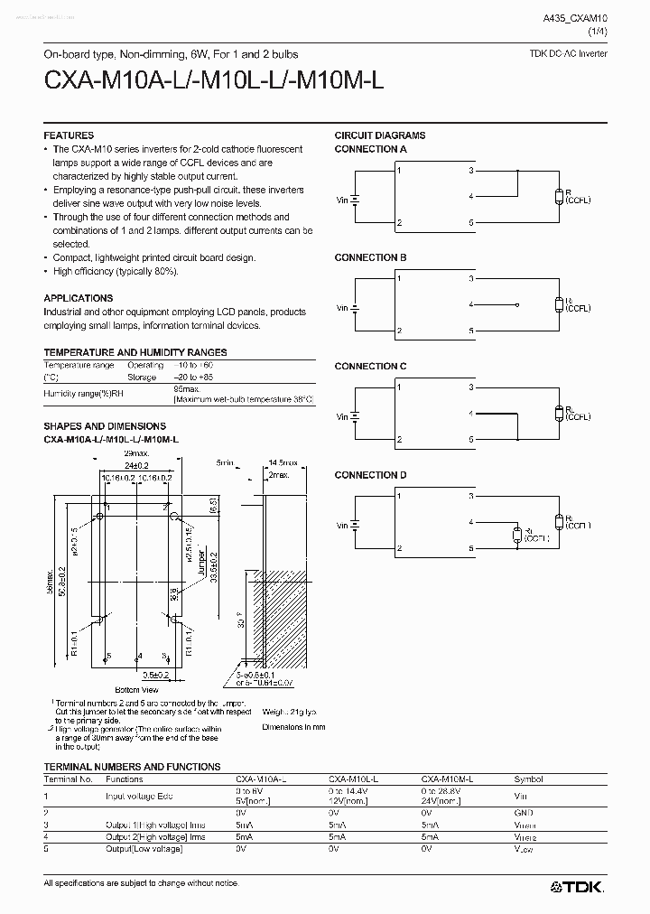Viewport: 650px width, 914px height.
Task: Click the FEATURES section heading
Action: tap(69, 135)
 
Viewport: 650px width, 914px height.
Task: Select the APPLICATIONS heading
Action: tap(79, 298)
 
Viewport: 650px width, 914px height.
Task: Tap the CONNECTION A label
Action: tap(370, 149)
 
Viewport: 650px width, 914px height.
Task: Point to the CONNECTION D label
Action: tap(370, 475)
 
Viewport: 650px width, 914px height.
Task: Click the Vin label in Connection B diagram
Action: tap(342, 308)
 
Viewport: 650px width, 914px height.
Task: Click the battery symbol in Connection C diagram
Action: tap(357, 416)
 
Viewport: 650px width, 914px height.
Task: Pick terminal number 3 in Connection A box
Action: tap(471, 170)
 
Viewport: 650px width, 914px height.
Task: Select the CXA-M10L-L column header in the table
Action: tap(353, 779)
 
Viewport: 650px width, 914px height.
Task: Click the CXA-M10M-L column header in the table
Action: tap(447, 779)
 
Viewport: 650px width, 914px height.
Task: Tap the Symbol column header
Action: tap(529, 779)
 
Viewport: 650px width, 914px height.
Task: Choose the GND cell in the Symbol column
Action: tap(525, 813)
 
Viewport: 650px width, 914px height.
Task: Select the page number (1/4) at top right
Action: tap(598, 32)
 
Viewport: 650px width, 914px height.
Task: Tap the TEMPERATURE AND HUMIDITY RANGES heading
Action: tap(135, 352)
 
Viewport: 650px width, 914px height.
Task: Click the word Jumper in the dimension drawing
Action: tap(200, 564)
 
